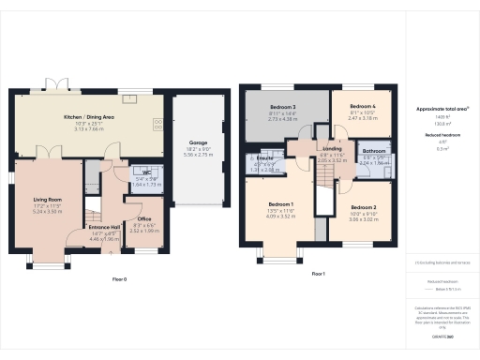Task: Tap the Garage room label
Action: click(197, 142)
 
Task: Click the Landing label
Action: click(332, 148)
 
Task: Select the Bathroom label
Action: click(375, 151)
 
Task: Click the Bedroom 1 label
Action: click(281, 204)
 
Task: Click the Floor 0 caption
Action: click(119, 278)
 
